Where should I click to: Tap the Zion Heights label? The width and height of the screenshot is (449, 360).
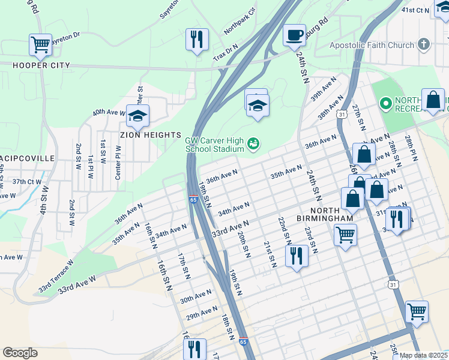tap(153, 135)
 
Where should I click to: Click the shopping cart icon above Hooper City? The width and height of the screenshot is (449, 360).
tap(40, 44)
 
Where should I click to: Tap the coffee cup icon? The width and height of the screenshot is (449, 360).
tap(294, 35)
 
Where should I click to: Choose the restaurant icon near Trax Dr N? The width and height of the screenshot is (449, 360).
tap(197, 40)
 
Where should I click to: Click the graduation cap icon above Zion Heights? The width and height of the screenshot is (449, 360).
tap(138, 115)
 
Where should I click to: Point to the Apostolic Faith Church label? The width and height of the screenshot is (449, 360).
tap(372, 45)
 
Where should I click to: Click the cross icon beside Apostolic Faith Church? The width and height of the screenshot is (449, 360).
tap(424, 44)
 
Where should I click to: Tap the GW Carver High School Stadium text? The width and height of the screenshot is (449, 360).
tap(214, 143)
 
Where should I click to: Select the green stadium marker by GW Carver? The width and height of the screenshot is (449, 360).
tap(255, 143)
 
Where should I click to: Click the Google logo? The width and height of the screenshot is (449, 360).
tap(20, 353)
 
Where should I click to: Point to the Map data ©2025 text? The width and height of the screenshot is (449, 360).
tap(423, 355)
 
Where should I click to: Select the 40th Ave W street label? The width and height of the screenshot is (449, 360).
tap(109, 112)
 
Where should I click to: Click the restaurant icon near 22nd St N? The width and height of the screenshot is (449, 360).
tap(297, 256)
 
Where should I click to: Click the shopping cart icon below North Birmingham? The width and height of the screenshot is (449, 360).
tap(345, 235)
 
